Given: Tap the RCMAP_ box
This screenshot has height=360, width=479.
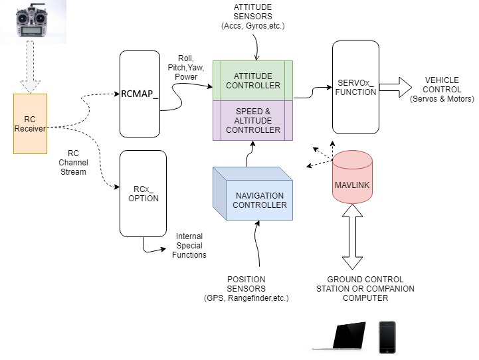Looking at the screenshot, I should click(x=141, y=94).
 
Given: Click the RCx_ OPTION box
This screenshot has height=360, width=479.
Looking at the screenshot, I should click(x=143, y=193).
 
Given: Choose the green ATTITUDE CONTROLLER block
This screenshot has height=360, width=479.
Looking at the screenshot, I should click(x=253, y=80).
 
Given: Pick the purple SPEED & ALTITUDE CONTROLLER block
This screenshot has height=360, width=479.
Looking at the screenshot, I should click(x=253, y=120).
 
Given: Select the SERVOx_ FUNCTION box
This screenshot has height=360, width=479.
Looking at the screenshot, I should click(x=355, y=87).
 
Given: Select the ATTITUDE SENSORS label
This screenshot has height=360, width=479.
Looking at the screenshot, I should click(x=252, y=17).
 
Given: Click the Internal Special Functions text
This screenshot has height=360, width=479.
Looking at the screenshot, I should click(x=189, y=245).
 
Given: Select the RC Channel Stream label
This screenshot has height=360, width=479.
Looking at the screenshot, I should click(x=73, y=162).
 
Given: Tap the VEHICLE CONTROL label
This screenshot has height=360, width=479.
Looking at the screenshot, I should click(x=442, y=90).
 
